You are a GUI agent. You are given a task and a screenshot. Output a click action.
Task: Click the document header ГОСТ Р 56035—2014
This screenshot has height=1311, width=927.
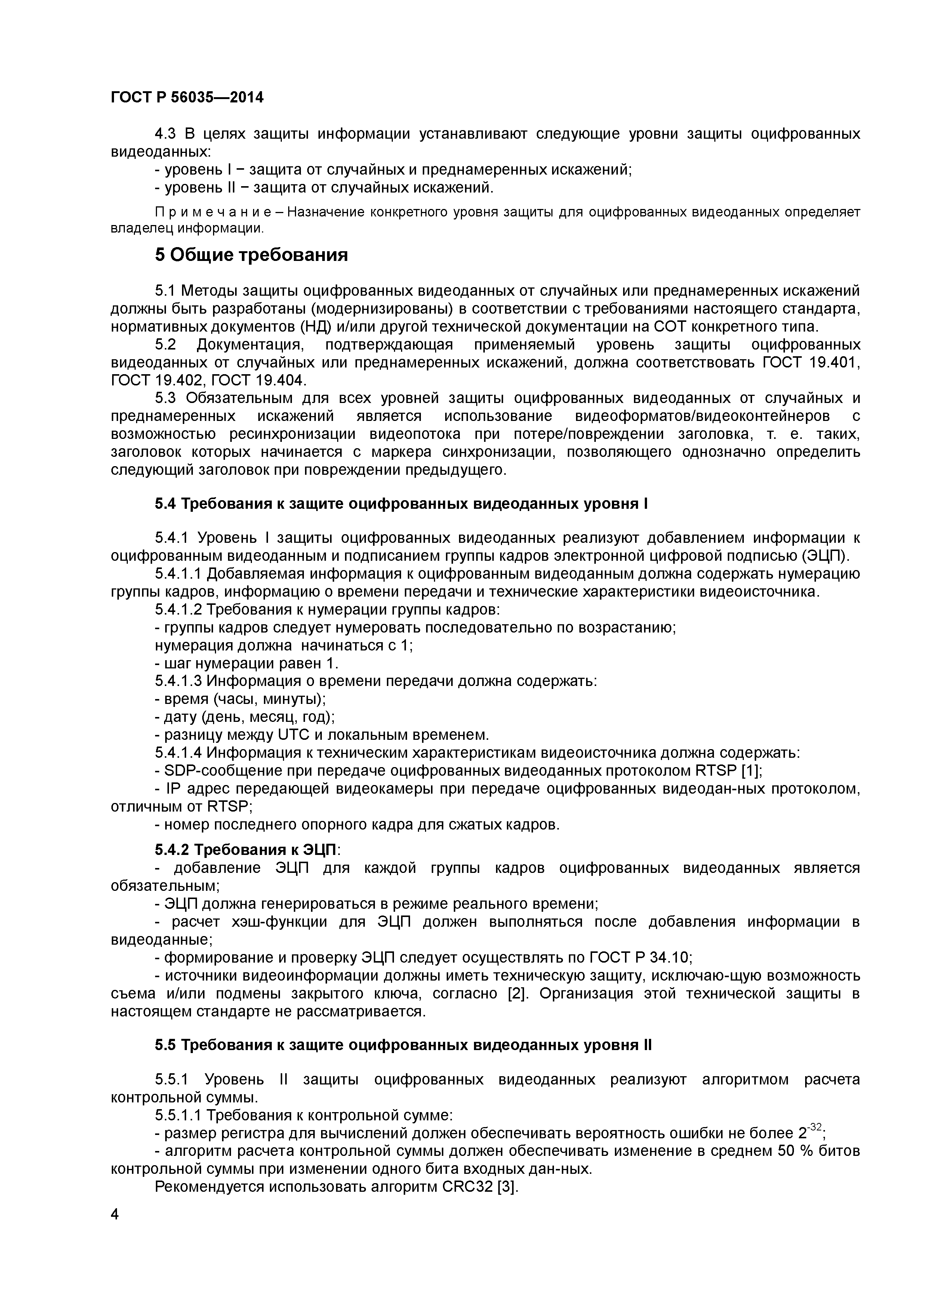coord(187,98)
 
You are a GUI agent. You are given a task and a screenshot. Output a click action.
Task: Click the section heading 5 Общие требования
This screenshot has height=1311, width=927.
coord(251,255)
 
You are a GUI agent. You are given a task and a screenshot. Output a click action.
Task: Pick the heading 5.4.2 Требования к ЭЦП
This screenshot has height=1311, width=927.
coord(247,850)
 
